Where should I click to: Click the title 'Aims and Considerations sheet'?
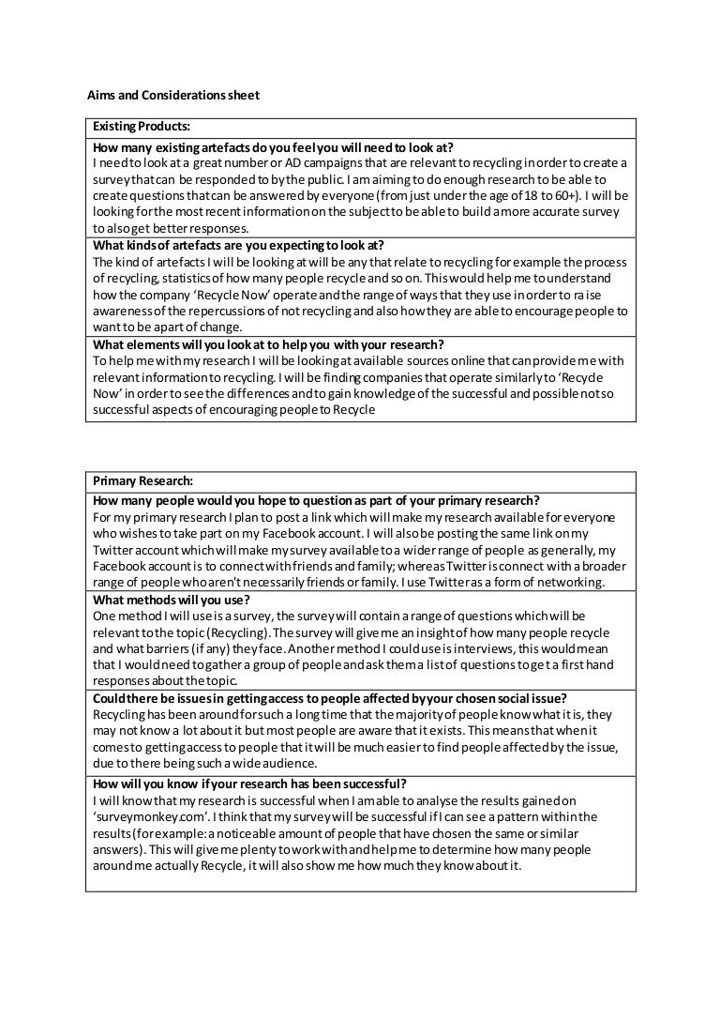click(x=173, y=95)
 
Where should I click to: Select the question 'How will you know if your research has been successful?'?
click(x=250, y=784)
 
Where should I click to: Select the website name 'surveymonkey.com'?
click(x=153, y=816)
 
